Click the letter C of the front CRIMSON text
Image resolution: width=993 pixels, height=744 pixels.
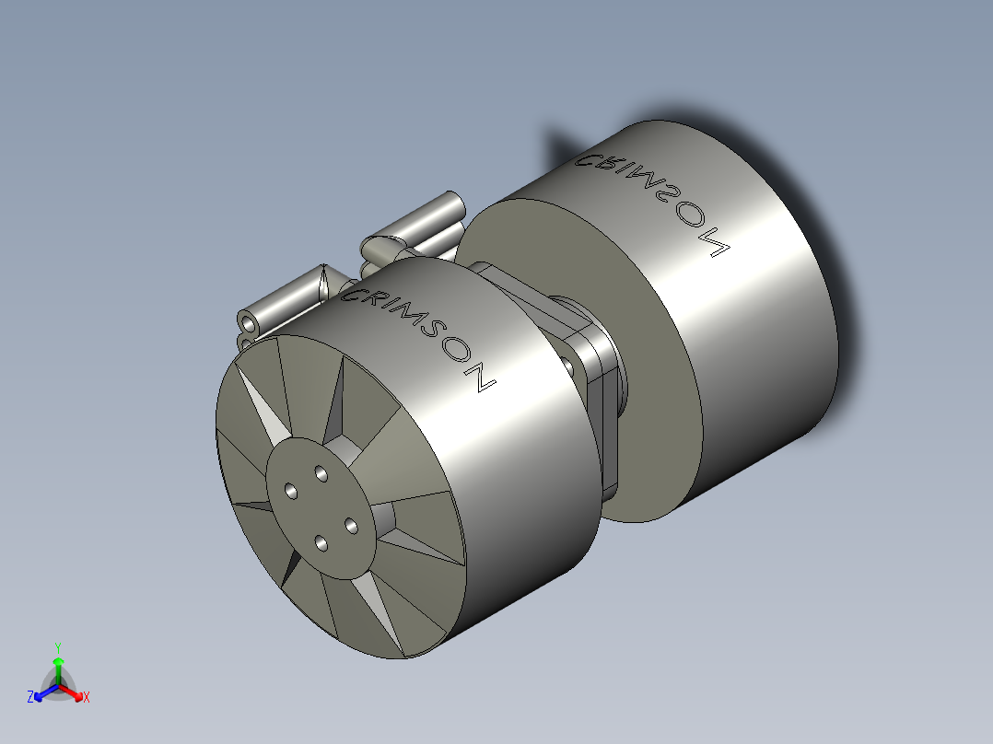click(x=352, y=295)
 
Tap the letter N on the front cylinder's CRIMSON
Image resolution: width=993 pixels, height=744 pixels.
click(x=481, y=380)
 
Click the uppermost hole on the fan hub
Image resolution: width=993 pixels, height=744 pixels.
click(x=321, y=473)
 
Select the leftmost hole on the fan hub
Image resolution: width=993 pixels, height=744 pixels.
click(x=292, y=491)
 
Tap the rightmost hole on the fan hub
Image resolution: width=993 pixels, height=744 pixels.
click(x=351, y=525)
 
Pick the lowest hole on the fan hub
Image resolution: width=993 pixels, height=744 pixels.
click(x=321, y=542)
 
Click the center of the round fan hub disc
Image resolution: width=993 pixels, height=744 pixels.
click(x=321, y=507)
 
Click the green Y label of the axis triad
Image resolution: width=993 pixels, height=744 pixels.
click(x=57, y=646)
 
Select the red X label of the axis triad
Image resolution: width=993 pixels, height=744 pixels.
click(x=87, y=698)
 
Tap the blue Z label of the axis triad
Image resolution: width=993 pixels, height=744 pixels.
click(x=30, y=698)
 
